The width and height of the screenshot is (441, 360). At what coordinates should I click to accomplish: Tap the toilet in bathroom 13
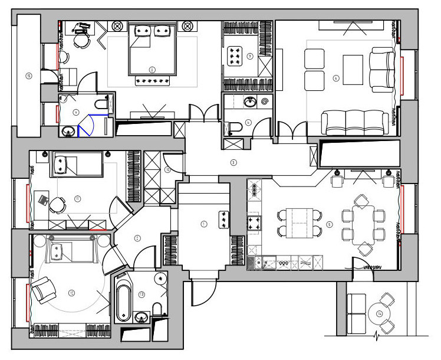pos(157,310)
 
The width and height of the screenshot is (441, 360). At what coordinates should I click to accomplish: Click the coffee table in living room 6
pos(353,69)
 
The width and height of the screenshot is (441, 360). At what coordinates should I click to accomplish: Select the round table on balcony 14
pos(377,314)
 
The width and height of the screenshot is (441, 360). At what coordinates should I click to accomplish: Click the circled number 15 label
pos(28,76)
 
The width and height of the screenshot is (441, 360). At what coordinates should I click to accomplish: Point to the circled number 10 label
pos(167,170)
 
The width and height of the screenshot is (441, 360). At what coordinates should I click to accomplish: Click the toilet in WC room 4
pos(234,126)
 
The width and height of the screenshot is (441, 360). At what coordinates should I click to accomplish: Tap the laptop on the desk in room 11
pos(44,199)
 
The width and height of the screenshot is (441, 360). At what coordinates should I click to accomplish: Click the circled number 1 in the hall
pos(204,224)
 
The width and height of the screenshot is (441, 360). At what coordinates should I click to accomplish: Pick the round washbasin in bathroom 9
pos(68,129)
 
